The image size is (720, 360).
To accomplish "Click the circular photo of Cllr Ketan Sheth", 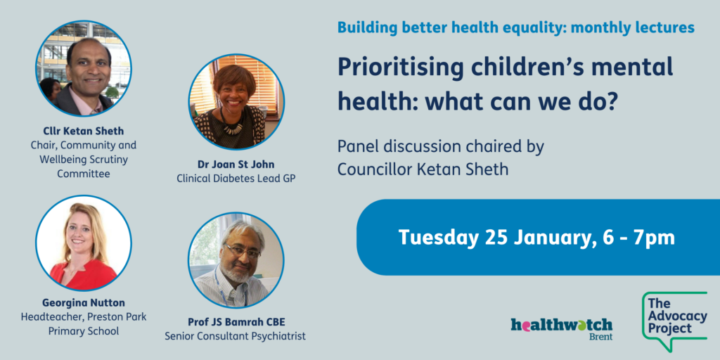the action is point(84,68).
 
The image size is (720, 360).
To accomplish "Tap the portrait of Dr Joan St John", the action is point(236,101).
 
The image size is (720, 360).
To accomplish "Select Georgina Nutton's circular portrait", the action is point(84,243).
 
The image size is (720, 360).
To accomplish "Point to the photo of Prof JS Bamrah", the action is point(236,260).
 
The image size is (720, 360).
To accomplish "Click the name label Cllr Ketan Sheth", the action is point(84,131).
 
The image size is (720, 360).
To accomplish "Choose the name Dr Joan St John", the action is point(236,165).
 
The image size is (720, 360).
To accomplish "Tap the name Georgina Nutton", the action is point(84,303).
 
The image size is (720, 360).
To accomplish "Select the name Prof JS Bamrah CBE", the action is point(236,322).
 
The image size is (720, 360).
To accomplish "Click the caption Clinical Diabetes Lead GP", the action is point(236,178).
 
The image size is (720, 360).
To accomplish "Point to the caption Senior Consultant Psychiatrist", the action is point(235,336).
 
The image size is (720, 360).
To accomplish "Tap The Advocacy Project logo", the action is point(674,320).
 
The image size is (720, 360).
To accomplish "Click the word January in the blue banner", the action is point(544,238).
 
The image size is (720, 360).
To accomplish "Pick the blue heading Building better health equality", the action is point(451,27).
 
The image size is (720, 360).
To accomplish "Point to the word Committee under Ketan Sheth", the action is point(84,174).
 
